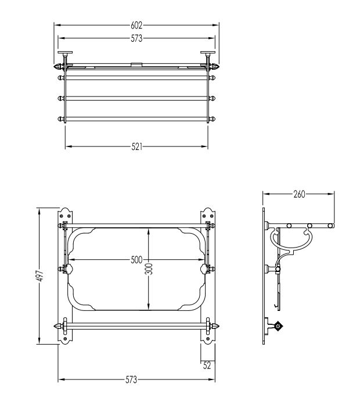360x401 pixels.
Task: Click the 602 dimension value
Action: (136, 25)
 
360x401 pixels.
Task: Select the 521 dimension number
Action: (136, 147)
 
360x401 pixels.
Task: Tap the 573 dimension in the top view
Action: (136, 38)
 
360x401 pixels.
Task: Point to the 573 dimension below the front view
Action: (131, 379)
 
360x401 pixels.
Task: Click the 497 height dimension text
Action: (40, 276)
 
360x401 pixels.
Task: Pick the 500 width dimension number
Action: (136, 260)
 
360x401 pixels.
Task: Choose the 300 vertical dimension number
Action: (150, 268)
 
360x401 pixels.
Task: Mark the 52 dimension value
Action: (207, 366)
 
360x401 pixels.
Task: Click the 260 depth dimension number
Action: (299, 194)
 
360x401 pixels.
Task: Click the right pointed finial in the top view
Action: (215, 67)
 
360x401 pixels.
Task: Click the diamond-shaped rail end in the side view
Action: (278, 326)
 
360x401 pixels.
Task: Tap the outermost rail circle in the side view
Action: (330, 225)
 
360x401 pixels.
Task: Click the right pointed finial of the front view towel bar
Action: (215, 326)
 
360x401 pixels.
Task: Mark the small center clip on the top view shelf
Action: (136, 64)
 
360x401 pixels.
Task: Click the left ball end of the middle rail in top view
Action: (61, 98)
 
